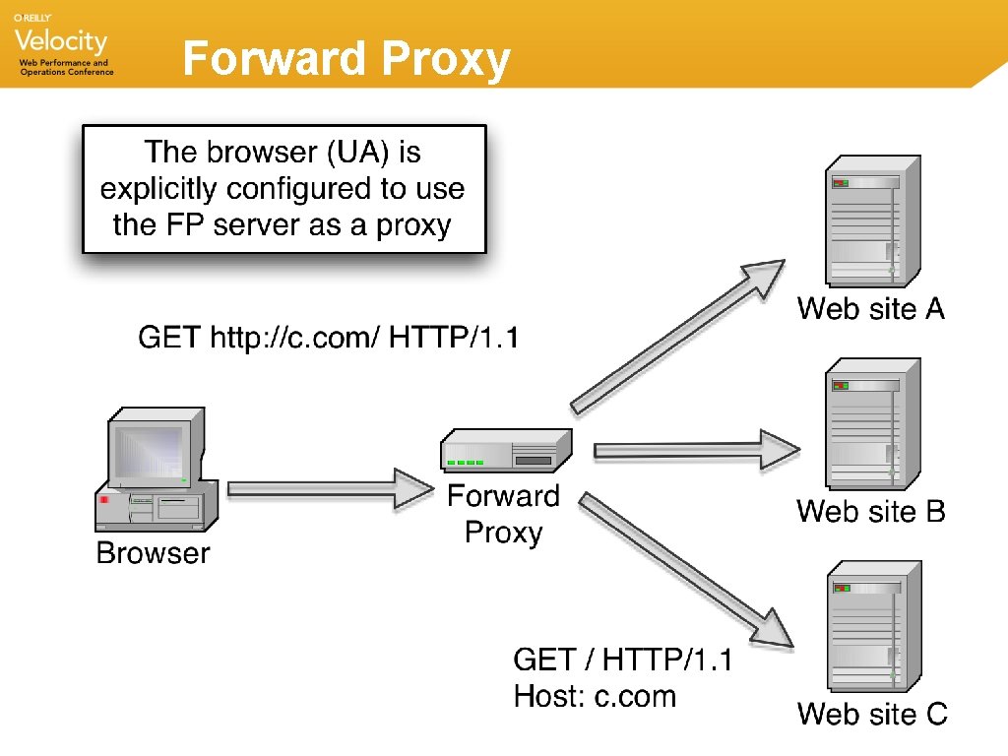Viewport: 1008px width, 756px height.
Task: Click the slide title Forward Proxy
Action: pos(346,60)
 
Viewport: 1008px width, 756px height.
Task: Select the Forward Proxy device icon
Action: pos(505,452)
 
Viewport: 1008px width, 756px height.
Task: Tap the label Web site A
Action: pos(870,309)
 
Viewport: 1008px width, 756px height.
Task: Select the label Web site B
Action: pos(870,511)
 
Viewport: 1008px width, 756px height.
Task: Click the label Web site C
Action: pos(871,713)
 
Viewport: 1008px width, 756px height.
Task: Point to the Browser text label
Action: pos(153,553)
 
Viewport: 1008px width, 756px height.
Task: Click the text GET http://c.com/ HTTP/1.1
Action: pos(328,339)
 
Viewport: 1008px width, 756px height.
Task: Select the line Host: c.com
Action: pos(595,697)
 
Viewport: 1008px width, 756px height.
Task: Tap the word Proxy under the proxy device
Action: pos(503,533)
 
